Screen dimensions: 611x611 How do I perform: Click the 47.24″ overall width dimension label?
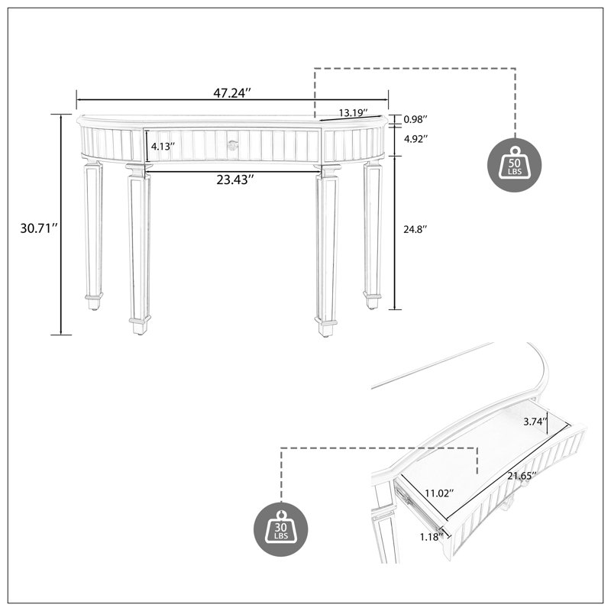[232, 93]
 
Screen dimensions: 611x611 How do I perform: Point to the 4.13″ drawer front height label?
[163, 147]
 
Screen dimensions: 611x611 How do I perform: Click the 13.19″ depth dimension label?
[354, 113]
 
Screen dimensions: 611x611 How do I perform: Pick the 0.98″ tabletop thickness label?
[415, 119]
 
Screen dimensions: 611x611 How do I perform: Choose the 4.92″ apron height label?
[415, 139]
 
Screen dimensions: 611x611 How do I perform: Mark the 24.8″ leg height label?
[415, 229]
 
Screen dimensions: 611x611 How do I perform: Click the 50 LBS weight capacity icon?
[514, 165]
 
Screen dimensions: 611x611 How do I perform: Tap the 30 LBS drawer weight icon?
[280, 529]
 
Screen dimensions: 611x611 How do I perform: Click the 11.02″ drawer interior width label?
[440, 493]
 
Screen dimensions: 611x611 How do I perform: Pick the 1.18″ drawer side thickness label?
[432, 537]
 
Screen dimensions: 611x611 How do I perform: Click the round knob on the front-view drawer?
[233, 145]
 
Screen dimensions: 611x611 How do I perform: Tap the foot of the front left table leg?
[140, 326]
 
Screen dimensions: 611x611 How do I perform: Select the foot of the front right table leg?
[326, 327]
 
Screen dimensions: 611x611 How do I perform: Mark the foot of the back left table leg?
[94, 302]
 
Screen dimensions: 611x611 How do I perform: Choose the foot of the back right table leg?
[372, 300]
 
